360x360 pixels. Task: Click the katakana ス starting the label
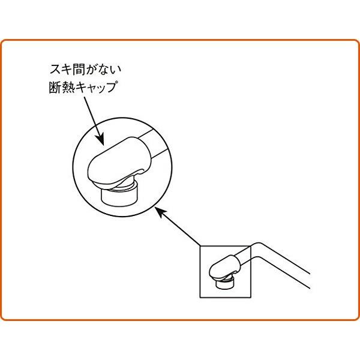(x=56, y=69)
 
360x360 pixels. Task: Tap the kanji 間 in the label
(x=80, y=69)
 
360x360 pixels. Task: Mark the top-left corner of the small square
(x=200, y=246)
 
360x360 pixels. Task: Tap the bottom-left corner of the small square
(x=200, y=298)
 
